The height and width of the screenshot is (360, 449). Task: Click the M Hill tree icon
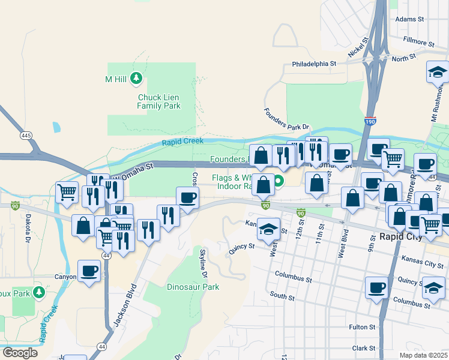tap(136, 78)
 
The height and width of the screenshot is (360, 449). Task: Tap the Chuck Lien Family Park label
tap(158, 101)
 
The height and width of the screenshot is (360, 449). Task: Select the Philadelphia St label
tap(314, 64)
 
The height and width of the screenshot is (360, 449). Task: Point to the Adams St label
tap(410, 19)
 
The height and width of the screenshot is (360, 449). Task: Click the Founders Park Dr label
tap(287, 119)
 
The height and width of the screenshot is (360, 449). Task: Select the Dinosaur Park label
tap(193, 287)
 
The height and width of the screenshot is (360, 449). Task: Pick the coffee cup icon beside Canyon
tap(89, 271)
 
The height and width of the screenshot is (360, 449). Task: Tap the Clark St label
tap(364, 348)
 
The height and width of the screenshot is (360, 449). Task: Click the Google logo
tap(20, 352)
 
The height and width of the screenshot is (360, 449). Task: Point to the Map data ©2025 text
tap(423, 355)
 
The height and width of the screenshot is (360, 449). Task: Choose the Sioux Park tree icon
tap(40, 292)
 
